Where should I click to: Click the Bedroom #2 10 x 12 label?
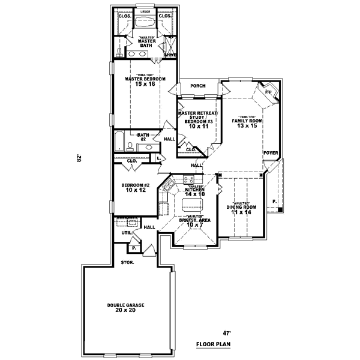coord(134,187)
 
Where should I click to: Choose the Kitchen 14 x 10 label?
coord(195,191)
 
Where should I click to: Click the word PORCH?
coord(198,86)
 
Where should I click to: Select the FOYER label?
coord(271,153)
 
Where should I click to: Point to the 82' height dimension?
coord(78,159)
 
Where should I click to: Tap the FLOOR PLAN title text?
coord(213,345)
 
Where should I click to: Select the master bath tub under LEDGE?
coord(145,23)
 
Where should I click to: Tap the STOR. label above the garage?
coord(127,262)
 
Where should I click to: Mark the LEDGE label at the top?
coord(145,11)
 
